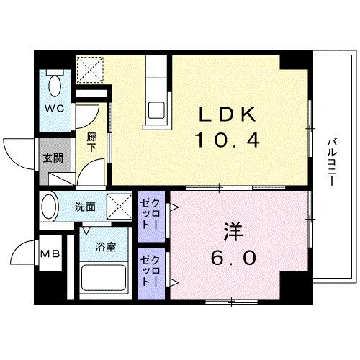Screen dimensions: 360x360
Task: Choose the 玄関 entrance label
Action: (50, 158)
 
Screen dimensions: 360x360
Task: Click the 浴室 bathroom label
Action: (107, 246)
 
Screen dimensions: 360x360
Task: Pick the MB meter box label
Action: (50, 253)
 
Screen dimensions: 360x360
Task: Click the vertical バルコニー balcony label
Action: (330, 163)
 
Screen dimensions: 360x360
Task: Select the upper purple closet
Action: (150, 215)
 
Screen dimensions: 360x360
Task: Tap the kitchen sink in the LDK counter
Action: (157, 112)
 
